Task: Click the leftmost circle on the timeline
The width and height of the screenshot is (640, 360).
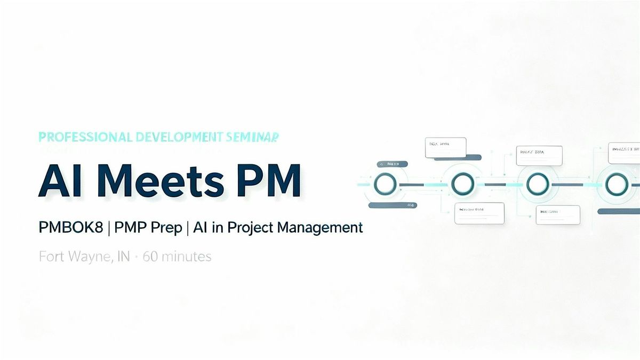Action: click(385, 185)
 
